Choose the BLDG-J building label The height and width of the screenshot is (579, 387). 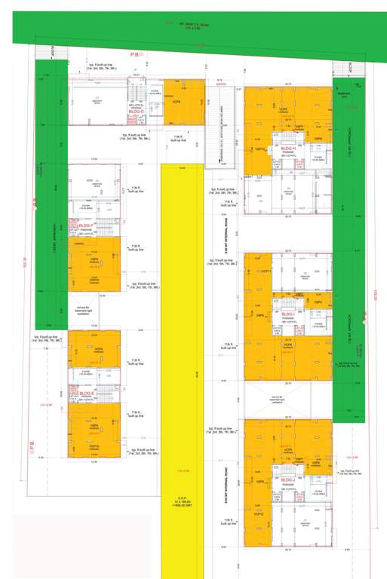click(x=287, y=479)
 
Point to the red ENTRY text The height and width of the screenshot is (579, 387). click(x=222, y=84)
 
